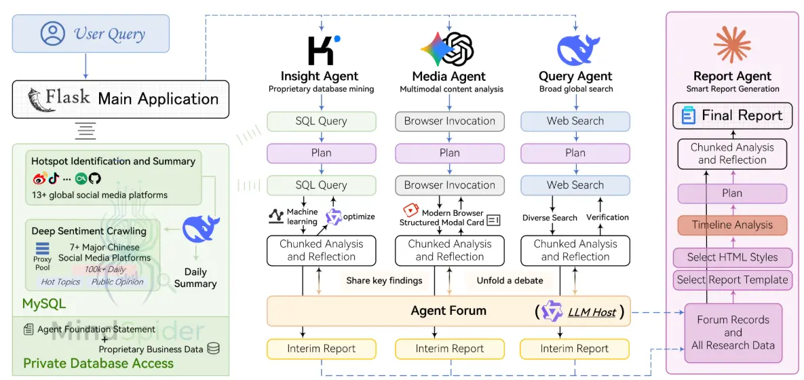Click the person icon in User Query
(53, 33)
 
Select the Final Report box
(732, 115)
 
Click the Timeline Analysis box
(732, 225)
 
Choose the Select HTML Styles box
(732, 257)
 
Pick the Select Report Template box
(732, 279)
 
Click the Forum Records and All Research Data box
(733, 332)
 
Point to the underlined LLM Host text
(591, 312)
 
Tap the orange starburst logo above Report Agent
(732, 43)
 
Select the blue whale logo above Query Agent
(578, 49)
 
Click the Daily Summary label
(195, 277)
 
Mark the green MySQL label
(44, 303)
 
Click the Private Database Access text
(98, 364)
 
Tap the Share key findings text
(384, 280)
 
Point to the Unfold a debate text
(510, 280)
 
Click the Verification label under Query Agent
(607, 217)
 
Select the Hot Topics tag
(60, 282)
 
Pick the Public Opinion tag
(117, 282)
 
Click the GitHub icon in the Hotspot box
(94, 178)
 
